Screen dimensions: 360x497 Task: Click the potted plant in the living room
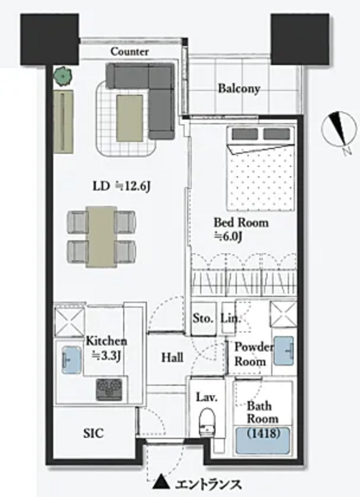point(62,76)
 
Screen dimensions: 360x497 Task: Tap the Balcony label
point(239,89)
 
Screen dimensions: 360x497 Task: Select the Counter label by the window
point(130,52)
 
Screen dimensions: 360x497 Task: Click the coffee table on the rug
point(130,118)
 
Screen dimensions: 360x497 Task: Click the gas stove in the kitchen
point(109,389)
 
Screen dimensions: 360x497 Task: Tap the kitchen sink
point(71,360)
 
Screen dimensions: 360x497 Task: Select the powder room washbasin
point(284,351)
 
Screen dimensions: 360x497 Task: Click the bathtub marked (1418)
point(263,441)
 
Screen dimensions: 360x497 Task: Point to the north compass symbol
point(339,131)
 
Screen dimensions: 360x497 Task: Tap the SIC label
point(93,433)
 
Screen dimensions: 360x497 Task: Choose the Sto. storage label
point(203,318)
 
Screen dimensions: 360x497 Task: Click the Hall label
point(172,357)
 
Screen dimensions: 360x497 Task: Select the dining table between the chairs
point(101,236)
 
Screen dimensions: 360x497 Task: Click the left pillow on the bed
point(245,134)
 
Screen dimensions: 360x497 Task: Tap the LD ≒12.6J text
point(121,186)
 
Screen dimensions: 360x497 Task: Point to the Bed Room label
point(241,222)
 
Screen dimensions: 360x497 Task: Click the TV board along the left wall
point(64,121)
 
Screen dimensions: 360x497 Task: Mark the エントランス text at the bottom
point(208,484)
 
